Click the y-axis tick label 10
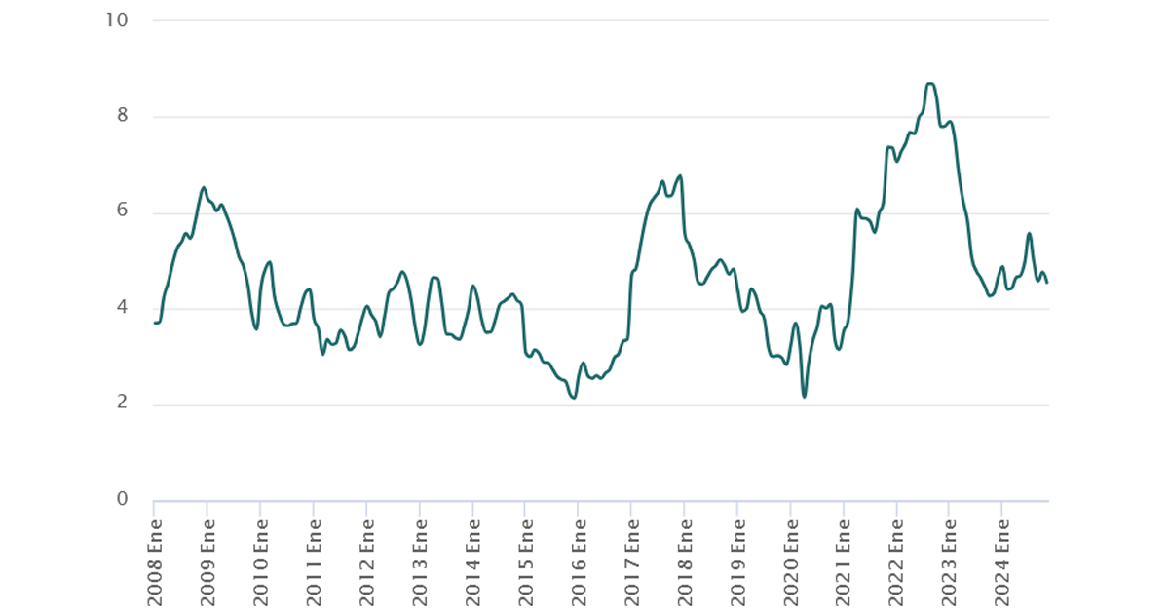point(117,20)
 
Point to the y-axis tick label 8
point(122,116)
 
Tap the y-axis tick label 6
point(122,212)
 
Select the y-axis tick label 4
point(122,308)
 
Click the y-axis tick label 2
point(122,404)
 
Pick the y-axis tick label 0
point(122,500)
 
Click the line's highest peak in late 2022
point(929,84)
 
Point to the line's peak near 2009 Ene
point(204,188)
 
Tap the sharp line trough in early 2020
point(805,397)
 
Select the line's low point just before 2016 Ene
point(574,398)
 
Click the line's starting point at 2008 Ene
point(155,323)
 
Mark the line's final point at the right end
point(1047,283)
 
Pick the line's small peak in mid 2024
point(1029,233)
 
